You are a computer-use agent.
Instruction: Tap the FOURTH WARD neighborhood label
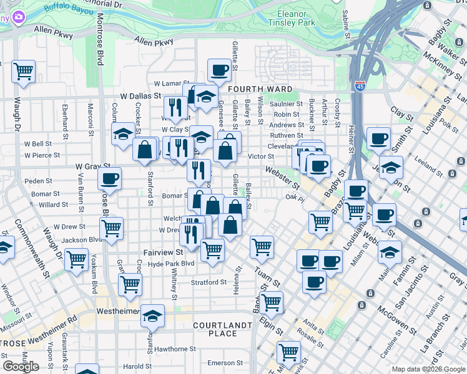click(x=252, y=89)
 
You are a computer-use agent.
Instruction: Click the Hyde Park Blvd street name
click(x=172, y=264)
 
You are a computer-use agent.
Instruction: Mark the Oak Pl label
click(x=294, y=198)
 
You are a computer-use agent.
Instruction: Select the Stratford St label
click(x=209, y=282)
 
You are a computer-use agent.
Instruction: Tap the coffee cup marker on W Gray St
click(x=109, y=178)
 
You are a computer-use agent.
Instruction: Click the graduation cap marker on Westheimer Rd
click(x=152, y=315)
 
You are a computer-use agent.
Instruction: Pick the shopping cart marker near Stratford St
click(x=130, y=284)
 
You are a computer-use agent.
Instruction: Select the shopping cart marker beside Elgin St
click(x=271, y=302)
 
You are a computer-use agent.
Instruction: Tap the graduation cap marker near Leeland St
click(x=391, y=166)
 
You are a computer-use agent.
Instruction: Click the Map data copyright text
click(x=428, y=369)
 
